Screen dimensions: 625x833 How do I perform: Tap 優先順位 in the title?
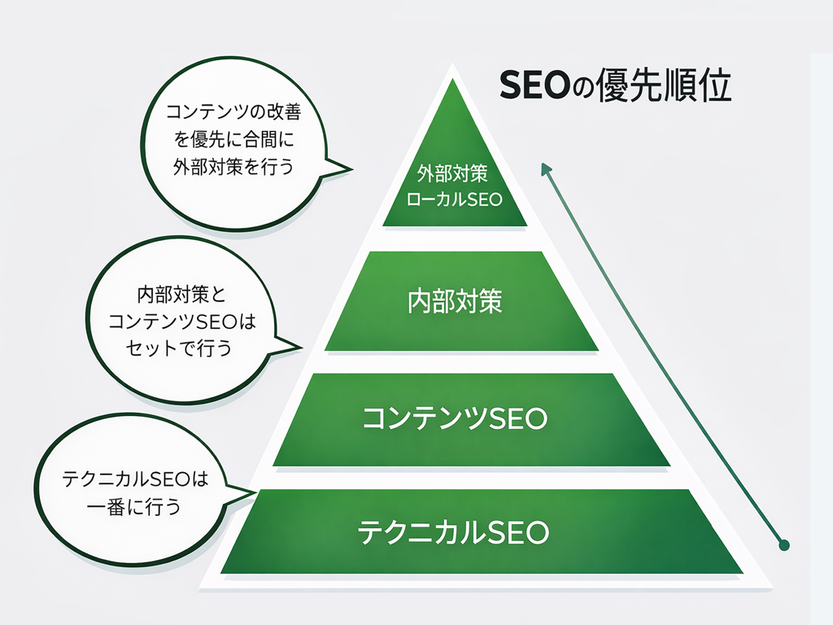tap(665, 85)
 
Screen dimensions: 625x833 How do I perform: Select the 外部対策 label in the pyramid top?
tap(454, 174)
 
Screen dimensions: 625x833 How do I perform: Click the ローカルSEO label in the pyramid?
tap(454, 199)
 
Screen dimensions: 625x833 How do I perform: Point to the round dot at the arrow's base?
tap(783, 545)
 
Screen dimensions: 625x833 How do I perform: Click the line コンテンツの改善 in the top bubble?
tap(233, 111)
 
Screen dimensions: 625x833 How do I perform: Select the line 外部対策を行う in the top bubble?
tap(233, 165)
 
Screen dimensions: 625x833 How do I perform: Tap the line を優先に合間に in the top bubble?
tap(233, 138)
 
